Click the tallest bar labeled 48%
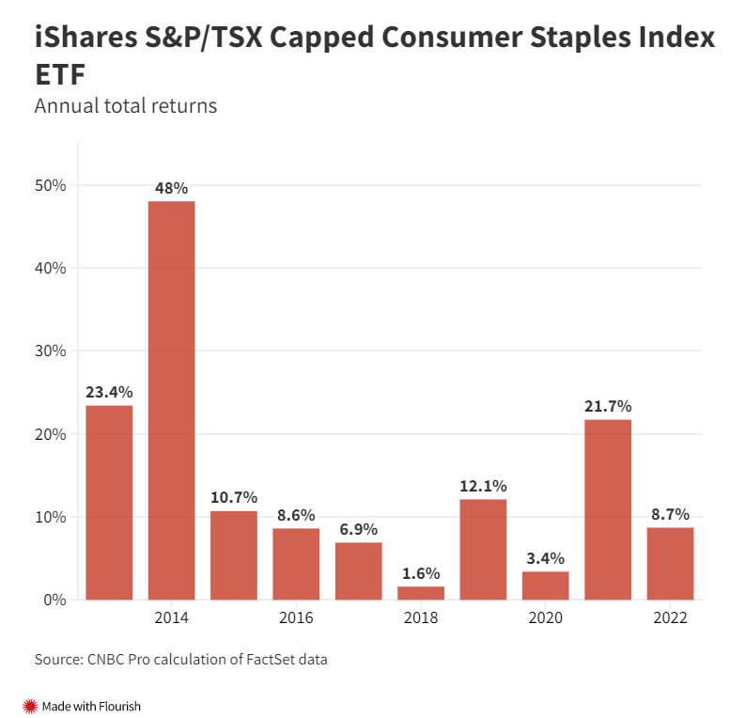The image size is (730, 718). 172,399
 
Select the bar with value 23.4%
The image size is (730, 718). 109,502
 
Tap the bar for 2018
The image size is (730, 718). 421,593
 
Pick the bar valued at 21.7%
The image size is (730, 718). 608,509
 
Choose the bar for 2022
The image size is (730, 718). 670,563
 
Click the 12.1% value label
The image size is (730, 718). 483,486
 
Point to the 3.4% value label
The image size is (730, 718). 546,558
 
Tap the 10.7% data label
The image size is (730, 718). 234,497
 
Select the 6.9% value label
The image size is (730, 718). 359,529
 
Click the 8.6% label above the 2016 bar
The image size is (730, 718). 296,515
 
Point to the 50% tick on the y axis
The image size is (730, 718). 51,185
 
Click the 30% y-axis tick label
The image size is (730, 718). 51,351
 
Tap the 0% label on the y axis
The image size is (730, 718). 54,600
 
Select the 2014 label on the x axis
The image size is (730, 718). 172,618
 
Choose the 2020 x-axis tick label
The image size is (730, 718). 546,618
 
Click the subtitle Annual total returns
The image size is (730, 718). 126,105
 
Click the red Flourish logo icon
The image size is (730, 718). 30,706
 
